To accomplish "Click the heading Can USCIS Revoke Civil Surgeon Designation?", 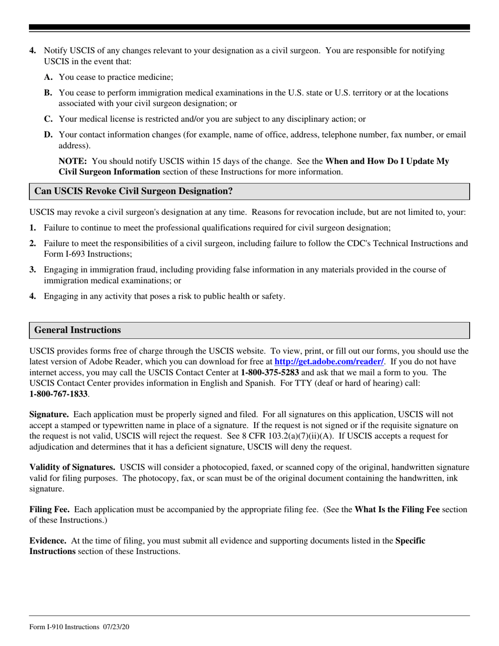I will pyautogui.click(x=133, y=192).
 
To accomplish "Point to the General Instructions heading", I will pyautogui.click(x=78, y=330).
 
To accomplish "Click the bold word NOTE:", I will pyautogui.click(x=72, y=161).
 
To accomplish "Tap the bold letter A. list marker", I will pyautogui.click(x=48, y=77).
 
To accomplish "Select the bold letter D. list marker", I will pyautogui.click(x=48, y=135).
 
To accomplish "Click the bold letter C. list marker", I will pyautogui.click(x=48, y=119).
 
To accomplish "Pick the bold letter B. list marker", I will pyautogui.click(x=48, y=93).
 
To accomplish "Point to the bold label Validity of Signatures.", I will pyautogui.click(x=72, y=467).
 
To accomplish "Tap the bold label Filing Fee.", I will pyautogui.click(x=51, y=509).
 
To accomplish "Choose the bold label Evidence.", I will pyautogui.click(x=48, y=540).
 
